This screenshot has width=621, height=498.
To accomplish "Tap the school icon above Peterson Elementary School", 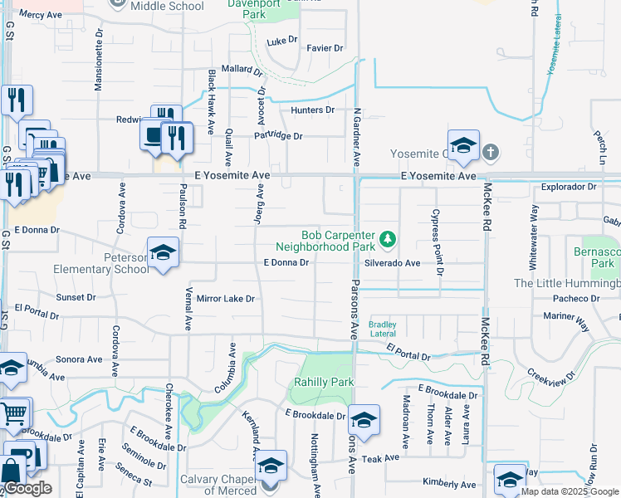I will [x=163, y=253].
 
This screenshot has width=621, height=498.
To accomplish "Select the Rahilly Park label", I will [x=324, y=382].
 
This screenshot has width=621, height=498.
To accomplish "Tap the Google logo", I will [x=27, y=488].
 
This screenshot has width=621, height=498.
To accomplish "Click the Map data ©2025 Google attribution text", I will [x=570, y=491].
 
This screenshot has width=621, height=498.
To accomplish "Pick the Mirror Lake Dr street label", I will [x=225, y=298].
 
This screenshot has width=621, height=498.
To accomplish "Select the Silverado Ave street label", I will [x=392, y=262].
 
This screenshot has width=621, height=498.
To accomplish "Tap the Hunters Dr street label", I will [x=312, y=110].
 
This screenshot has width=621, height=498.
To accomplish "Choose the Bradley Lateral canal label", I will [x=383, y=329].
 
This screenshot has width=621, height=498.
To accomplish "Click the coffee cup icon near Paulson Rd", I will [x=154, y=135].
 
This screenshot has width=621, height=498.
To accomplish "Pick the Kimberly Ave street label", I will [x=449, y=484].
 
